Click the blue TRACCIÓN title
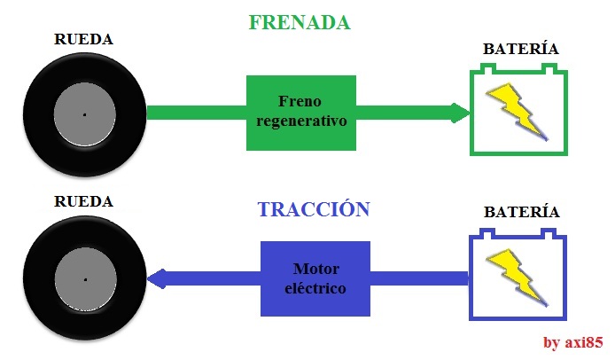(x=313, y=210)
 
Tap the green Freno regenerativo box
(x=300, y=113)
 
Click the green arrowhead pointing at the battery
(x=460, y=113)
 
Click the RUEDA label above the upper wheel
(x=84, y=39)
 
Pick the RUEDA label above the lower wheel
(x=84, y=201)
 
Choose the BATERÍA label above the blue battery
(x=521, y=213)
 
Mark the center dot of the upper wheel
(x=84, y=114)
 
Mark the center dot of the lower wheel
(x=84, y=279)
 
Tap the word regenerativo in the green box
(x=300, y=121)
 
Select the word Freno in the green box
(x=300, y=102)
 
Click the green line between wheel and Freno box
(x=195, y=113)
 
